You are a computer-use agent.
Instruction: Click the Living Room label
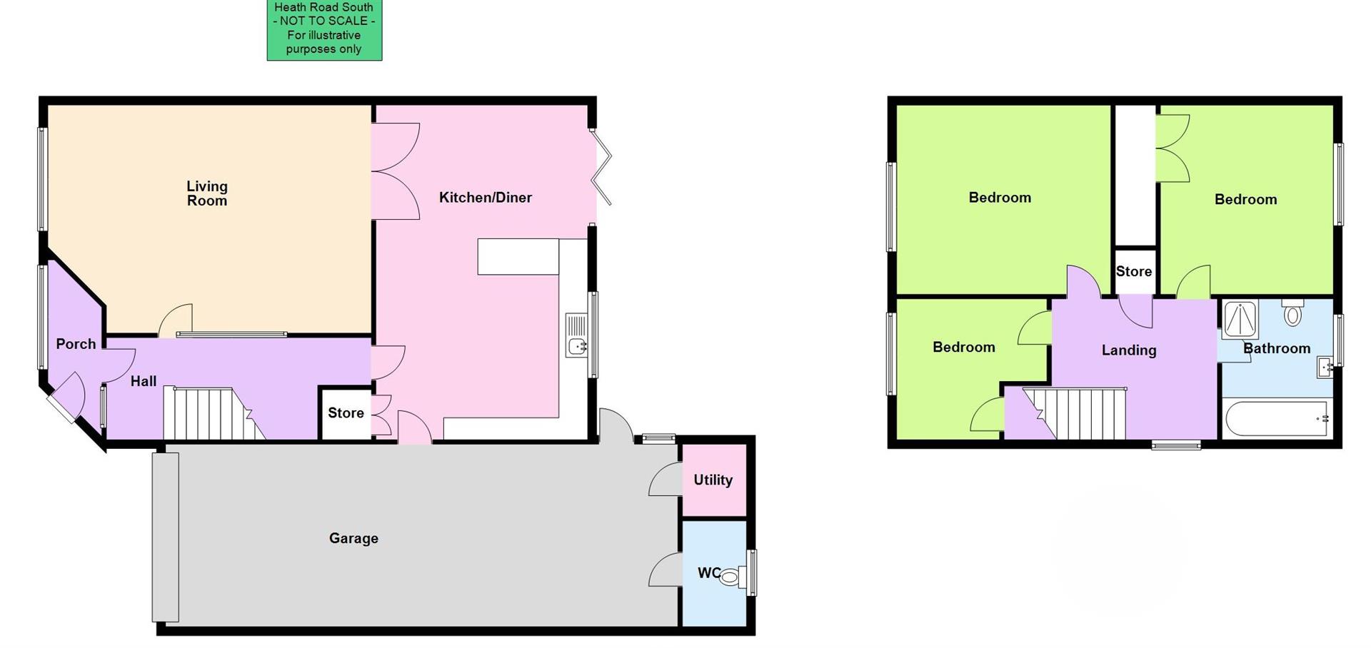click(x=207, y=193)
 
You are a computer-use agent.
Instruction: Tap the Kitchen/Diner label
click(x=485, y=198)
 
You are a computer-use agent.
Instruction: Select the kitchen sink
click(x=576, y=335)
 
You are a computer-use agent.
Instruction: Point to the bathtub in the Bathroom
click(x=1276, y=420)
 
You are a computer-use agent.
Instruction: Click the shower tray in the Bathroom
click(x=1240, y=319)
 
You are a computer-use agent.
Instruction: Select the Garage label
click(x=353, y=538)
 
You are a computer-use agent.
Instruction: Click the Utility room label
click(x=713, y=480)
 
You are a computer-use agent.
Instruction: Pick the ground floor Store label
click(x=346, y=413)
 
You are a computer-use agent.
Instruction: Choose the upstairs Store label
click(x=1133, y=272)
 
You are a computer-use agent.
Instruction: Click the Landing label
click(x=1128, y=350)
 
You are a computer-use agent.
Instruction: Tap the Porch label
click(x=76, y=344)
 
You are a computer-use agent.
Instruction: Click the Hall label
click(x=143, y=381)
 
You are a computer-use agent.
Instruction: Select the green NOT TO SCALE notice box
click(x=324, y=29)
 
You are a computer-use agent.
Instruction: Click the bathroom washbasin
click(x=1325, y=368)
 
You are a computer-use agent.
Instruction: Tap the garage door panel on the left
click(x=165, y=537)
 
